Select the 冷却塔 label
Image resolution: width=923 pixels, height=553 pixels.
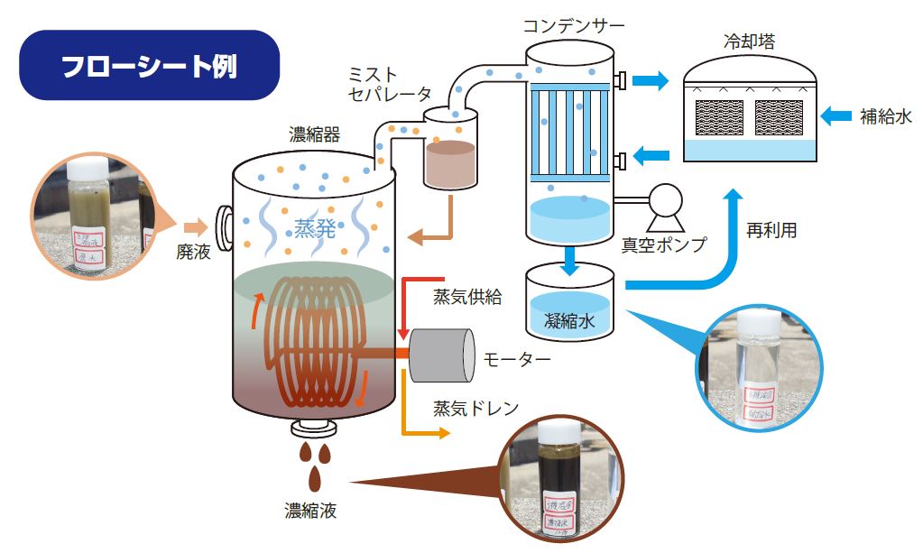(x=749, y=41)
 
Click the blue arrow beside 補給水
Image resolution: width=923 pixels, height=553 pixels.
(x=835, y=115)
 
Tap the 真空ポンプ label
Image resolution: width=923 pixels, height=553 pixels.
(x=663, y=243)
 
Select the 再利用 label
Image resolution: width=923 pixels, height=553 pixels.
(x=771, y=230)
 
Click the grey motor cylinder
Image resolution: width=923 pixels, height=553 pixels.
(x=442, y=355)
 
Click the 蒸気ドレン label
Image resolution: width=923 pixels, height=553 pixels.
(x=475, y=408)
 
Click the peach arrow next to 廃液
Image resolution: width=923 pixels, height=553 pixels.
(x=195, y=226)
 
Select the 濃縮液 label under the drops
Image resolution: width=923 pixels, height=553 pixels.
(x=310, y=512)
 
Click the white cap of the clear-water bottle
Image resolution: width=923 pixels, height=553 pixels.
(x=758, y=325)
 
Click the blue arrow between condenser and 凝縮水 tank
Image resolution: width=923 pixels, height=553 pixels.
(x=568, y=258)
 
